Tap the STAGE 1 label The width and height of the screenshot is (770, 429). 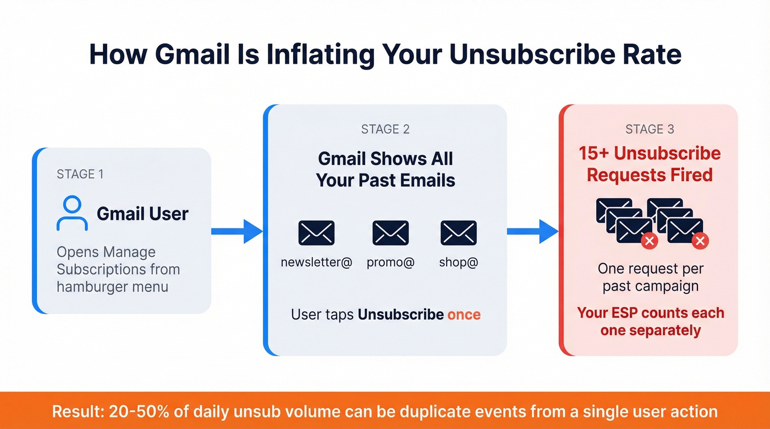point(80,174)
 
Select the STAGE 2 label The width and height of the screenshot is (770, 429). point(385,130)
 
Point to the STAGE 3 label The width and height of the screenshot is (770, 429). point(650,130)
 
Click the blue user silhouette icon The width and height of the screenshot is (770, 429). point(72,214)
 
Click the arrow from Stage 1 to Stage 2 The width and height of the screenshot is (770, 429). point(237,231)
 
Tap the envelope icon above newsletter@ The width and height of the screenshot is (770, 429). point(316,233)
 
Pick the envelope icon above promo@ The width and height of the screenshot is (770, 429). point(391,233)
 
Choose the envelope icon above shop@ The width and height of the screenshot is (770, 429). point(459,233)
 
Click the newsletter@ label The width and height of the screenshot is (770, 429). point(316,263)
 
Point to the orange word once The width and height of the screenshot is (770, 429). point(464,315)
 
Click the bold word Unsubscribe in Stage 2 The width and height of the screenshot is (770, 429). point(400,315)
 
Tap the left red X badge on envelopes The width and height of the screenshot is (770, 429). point(649,241)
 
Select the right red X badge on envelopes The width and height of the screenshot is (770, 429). point(700,241)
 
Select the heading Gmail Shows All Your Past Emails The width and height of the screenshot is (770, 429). point(385,169)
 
